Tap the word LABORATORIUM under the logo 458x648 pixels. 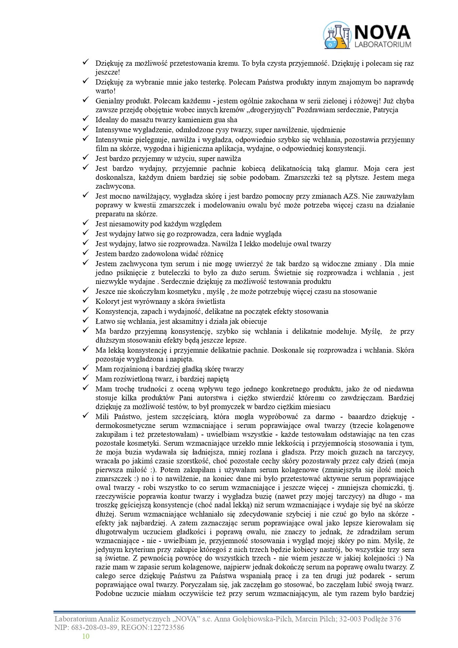[382, 45]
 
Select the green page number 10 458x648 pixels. [86, 636]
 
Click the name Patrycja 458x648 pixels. [386, 110]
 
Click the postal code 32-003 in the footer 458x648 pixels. [350, 619]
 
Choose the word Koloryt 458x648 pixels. [107, 301]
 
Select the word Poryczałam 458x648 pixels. [198, 585]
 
